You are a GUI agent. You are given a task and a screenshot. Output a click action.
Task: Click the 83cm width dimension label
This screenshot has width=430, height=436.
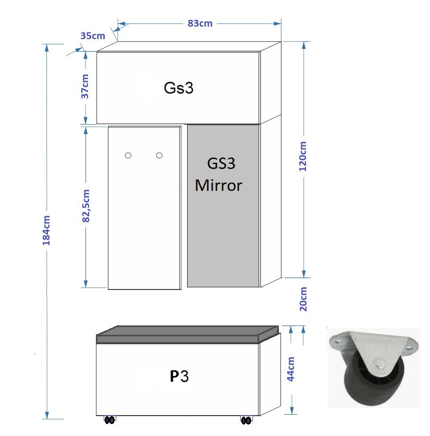(200, 23)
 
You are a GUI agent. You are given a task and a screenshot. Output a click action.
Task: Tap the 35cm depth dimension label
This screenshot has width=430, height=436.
(93, 36)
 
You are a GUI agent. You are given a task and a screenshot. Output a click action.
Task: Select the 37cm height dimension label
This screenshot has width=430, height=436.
(85, 86)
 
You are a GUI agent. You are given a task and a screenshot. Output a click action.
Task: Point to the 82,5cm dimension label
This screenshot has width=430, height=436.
(86, 206)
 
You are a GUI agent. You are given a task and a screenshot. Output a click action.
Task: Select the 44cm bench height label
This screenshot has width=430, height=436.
(291, 369)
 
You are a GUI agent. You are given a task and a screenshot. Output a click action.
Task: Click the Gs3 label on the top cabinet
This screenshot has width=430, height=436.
(178, 88)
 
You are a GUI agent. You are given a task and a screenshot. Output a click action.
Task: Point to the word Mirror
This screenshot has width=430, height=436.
(219, 185)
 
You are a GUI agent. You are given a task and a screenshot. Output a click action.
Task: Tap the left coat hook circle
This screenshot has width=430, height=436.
(128, 155)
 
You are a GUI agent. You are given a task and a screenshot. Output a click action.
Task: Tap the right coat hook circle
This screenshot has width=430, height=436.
(159, 155)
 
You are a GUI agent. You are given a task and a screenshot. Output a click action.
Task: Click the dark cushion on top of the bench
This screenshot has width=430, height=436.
(188, 334)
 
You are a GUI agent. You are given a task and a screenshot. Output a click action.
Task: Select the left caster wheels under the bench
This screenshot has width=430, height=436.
(109, 420)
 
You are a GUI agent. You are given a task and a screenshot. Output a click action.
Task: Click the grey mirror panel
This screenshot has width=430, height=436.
(223, 235)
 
